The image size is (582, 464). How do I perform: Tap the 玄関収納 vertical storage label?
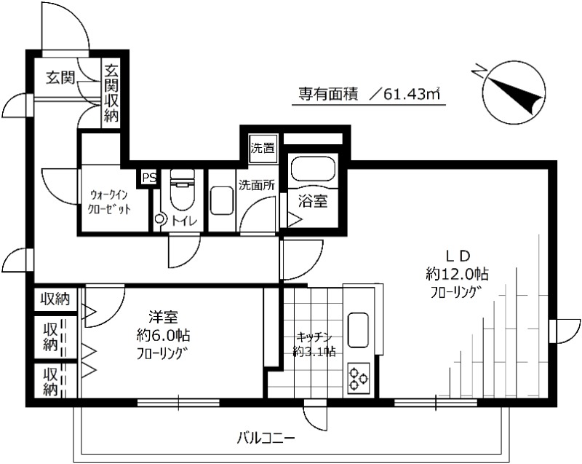(x=111, y=93)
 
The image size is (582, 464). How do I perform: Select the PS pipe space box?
(x=148, y=177)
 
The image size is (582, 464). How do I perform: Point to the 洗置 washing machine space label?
(x=262, y=149)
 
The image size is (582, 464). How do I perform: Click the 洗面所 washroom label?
(x=256, y=184)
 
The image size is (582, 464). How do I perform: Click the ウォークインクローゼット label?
(x=111, y=202)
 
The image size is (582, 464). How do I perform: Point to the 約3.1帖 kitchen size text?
(x=314, y=351)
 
